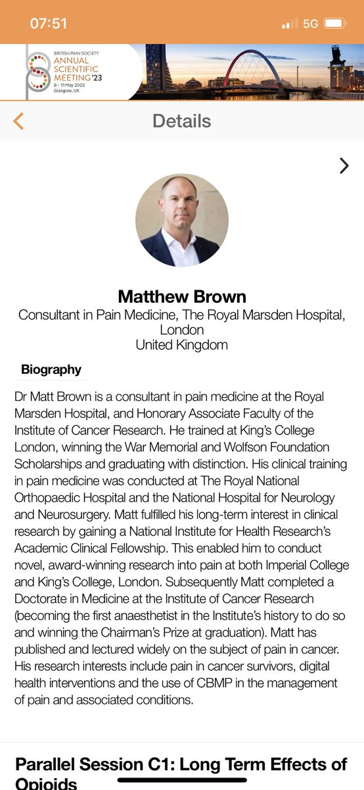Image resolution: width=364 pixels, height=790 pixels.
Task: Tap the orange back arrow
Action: tap(18, 121)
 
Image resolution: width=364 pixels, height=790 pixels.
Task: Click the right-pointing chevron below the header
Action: tap(344, 166)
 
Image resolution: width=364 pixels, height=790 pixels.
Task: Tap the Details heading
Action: tap(181, 121)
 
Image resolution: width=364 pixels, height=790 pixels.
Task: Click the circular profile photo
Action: tap(182, 221)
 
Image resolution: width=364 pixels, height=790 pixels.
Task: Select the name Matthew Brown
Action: tap(182, 296)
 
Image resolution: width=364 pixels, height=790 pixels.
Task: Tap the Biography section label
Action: tap(51, 369)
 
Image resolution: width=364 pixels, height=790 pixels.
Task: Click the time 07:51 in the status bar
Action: tap(49, 24)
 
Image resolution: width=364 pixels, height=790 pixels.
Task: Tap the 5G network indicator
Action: tap(310, 24)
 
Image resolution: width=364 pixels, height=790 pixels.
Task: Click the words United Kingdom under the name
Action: tap(182, 344)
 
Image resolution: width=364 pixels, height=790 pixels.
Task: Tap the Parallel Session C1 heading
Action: tap(181, 764)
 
